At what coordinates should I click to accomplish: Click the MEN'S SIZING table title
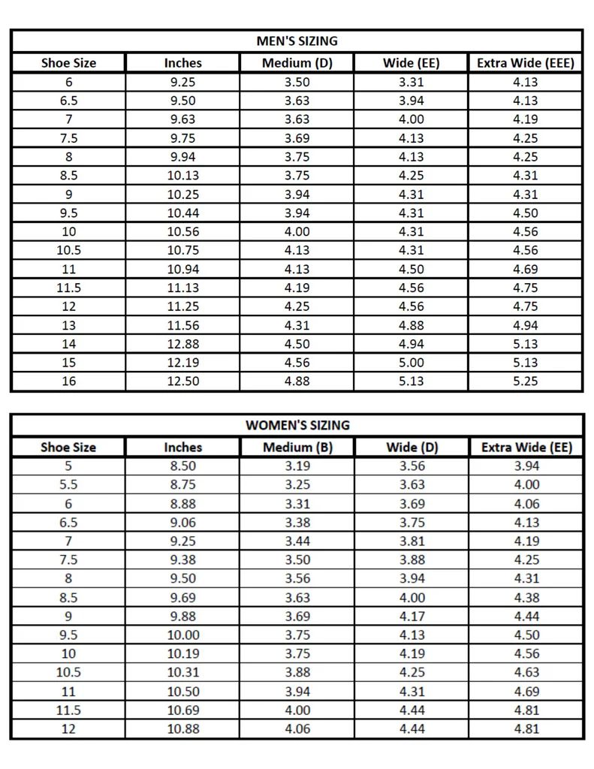(297, 41)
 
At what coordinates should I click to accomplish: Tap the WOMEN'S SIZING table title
(297, 425)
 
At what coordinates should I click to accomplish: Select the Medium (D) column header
(297, 63)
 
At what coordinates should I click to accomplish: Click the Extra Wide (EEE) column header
(525, 63)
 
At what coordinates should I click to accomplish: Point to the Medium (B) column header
(297, 448)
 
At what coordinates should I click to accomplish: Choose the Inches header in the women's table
(182, 448)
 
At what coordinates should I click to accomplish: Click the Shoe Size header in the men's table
(68, 63)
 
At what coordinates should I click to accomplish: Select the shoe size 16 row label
(68, 381)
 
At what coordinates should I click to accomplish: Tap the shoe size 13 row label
(68, 325)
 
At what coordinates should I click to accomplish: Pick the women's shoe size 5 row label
(68, 466)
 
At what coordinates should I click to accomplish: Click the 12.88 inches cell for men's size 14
(182, 344)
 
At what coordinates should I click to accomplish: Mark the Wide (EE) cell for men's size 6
(411, 82)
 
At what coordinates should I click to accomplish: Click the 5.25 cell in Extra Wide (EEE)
(525, 381)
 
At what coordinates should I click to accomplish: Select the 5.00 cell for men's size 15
(411, 363)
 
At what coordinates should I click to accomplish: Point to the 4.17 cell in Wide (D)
(411, 617)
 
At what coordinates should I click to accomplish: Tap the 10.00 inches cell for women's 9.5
(182, 635)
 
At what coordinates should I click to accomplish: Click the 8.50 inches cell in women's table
(182, 466)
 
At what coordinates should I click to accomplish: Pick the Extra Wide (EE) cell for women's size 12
(526, 728)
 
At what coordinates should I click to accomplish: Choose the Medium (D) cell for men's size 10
(297, 232)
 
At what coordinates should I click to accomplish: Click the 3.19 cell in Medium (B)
(297, 466)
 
